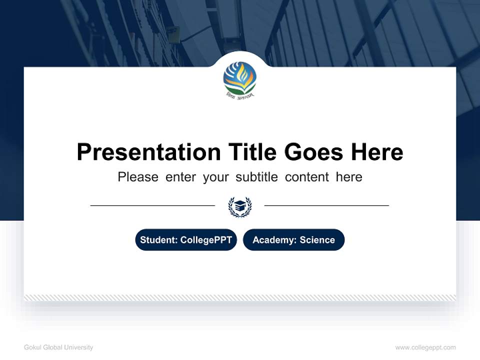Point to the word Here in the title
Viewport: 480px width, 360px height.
pos(376,151)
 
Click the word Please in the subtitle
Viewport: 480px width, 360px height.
pos(138,177)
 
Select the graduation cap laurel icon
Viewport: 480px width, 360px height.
pos(239,206)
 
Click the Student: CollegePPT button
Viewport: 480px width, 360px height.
pos(186,240)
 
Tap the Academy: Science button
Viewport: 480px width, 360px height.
pos(293,240)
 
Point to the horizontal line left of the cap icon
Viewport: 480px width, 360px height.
pos(152,205)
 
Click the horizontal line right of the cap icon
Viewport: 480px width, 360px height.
pos(326,205)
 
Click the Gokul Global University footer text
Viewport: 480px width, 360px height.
pos(58,347)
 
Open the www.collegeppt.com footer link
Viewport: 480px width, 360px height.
pos(425,347)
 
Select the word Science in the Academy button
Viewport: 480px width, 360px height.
pos(317,240)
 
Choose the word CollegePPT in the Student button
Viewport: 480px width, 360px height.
pos(206,240)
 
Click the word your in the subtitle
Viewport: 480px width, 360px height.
pos(215,177)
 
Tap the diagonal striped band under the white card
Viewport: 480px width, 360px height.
pos(240,297)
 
